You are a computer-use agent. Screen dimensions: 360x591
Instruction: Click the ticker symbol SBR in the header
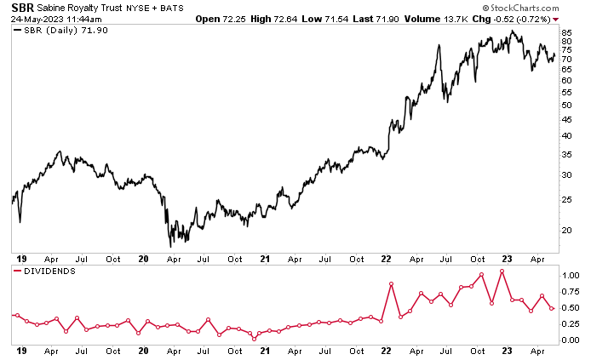pos(23,7)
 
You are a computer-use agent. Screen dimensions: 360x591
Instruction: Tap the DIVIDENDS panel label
pos(50,271)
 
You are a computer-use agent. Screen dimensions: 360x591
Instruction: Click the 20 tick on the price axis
pos(566,230)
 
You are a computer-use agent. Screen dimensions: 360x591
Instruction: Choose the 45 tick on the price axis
pos(566,121)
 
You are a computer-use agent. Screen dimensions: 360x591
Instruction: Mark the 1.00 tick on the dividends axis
pos(570,276)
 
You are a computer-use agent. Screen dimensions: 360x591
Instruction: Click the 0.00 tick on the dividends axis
pos(570,340)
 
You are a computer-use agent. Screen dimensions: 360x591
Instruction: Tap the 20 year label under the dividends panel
pos(144,350)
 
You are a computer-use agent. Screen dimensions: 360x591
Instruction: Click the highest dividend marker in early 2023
pos(502,271)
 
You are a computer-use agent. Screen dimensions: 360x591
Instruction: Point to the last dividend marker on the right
pos(552,308)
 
